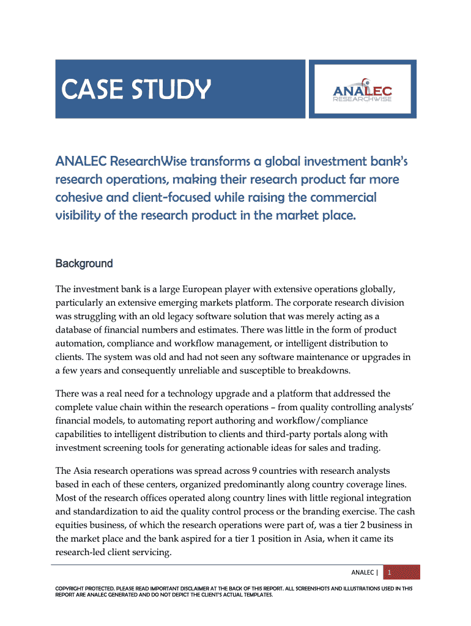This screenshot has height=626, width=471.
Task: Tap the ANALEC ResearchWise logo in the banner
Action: coord(363,89)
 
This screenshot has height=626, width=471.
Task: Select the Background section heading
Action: coord(84,263)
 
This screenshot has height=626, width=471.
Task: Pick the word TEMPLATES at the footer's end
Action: coord(256,594)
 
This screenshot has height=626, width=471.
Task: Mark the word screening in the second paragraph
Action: coord(125,447)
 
